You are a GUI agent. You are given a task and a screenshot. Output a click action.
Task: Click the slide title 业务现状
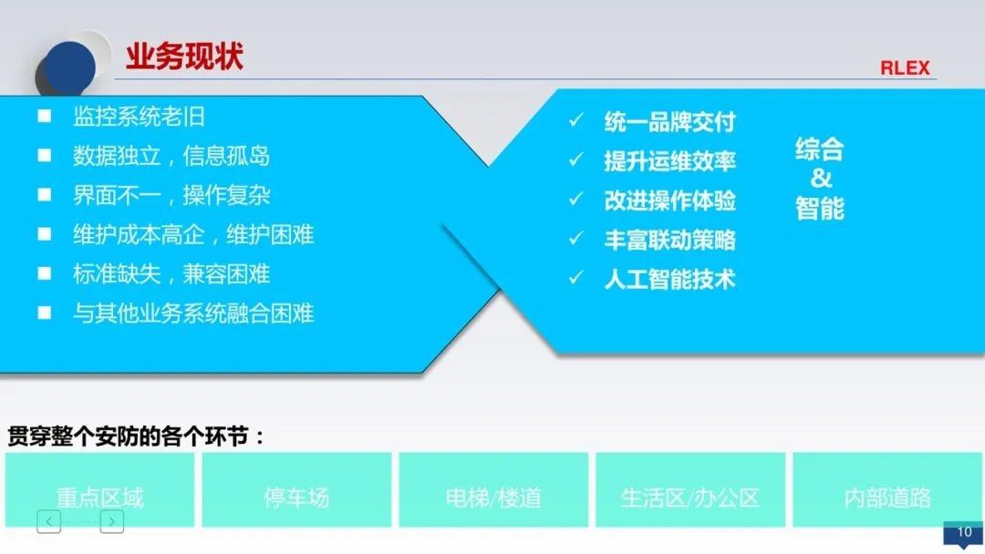[x=184, y=56]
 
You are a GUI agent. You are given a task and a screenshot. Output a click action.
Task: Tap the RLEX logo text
[x=905, y=68]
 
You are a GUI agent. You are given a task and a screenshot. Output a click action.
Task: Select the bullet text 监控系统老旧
[x=139, y=117]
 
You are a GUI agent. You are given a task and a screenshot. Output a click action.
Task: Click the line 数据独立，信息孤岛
[x=171, y=156]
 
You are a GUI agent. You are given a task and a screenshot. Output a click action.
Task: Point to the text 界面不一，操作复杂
[x=171, y=195]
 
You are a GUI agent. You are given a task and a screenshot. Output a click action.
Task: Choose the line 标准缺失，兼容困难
[x=171, y=274]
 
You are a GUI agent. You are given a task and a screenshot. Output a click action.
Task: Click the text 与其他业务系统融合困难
[x=193, y=313]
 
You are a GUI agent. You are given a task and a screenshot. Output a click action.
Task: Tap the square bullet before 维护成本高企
[x=44, y=234]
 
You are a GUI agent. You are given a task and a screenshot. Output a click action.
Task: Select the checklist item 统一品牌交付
[x=669, y=122]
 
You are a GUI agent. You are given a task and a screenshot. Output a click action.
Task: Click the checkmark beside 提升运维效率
[x=575, y=160]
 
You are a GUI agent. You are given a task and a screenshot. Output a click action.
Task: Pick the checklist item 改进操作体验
[x=669, y=200]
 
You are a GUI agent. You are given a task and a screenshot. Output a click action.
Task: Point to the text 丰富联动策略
[x=669, y=240]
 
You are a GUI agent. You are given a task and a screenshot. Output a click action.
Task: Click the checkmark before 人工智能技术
[x=575, y=279]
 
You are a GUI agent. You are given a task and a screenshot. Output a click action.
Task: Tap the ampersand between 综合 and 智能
[x=821, y=178]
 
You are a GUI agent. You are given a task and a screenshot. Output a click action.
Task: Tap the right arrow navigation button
[x=111, y=521]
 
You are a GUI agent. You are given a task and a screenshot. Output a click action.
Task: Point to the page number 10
[x=964, y=533]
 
